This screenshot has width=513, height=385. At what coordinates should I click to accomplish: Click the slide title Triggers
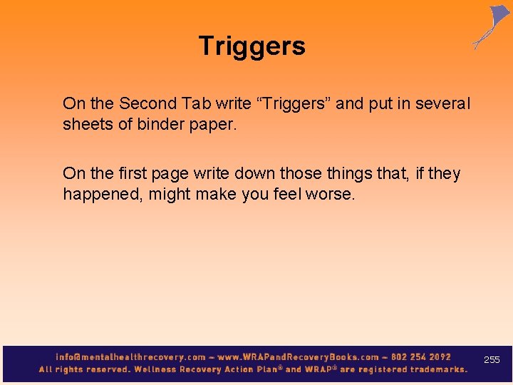coord(252,46)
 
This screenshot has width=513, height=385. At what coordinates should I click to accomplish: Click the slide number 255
coord(492,360)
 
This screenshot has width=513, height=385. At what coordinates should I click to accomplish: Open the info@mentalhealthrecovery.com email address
coord(130,357)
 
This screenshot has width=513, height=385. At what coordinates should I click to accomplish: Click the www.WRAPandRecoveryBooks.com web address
coord(299,357)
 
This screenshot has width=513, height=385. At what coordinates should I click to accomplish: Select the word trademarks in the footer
coord(430,369)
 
